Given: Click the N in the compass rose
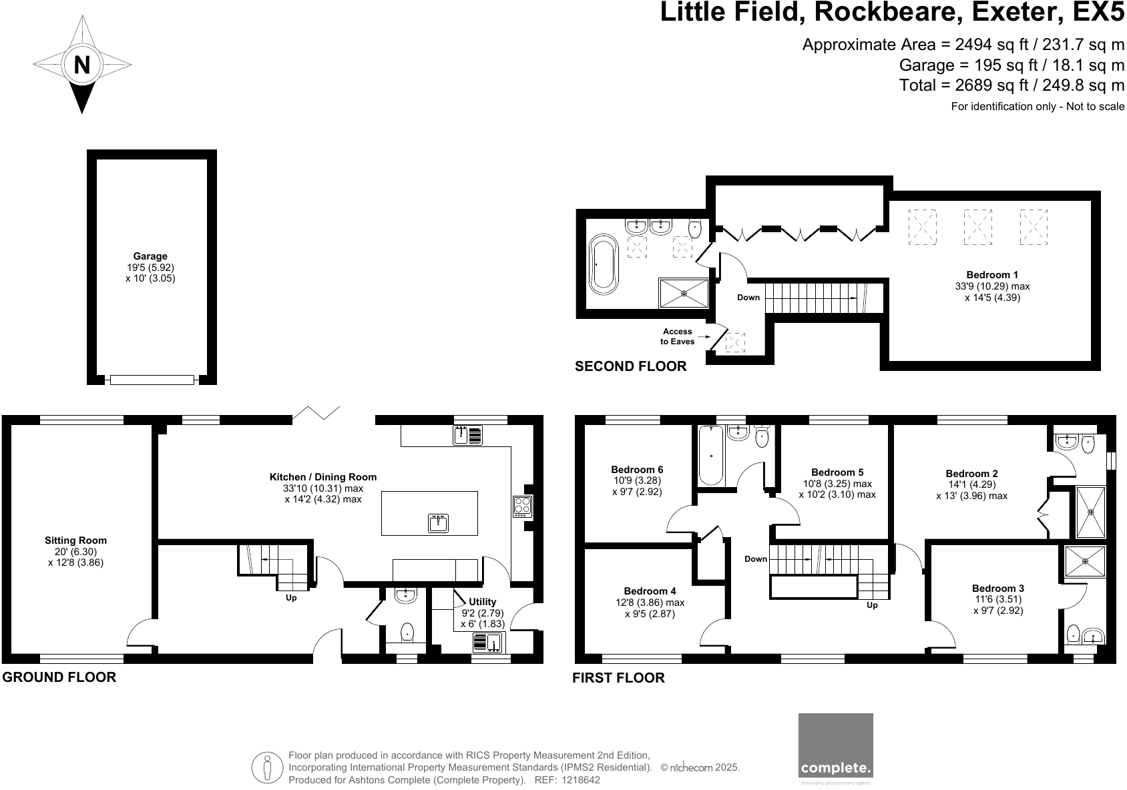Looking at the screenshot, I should (81, 65).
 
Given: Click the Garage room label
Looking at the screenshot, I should (150, 256).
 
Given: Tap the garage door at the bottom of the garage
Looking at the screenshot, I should (152, 380).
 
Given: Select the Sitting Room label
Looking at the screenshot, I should (75, 540).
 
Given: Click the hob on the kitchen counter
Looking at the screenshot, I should (523, 506).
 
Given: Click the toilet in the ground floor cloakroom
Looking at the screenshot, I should (406, 631).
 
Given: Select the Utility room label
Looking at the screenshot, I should (482, 602).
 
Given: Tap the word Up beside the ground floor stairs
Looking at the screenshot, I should (291, 598).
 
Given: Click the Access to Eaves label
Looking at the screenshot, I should (678, 336).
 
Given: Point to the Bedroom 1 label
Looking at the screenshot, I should (992, 275).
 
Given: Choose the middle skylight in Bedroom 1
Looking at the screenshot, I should (977, 227).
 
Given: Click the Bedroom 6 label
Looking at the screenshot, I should (637, 470).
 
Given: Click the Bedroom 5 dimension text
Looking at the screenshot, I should (837, 489).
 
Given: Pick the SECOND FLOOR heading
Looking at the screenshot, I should (630, 366).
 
